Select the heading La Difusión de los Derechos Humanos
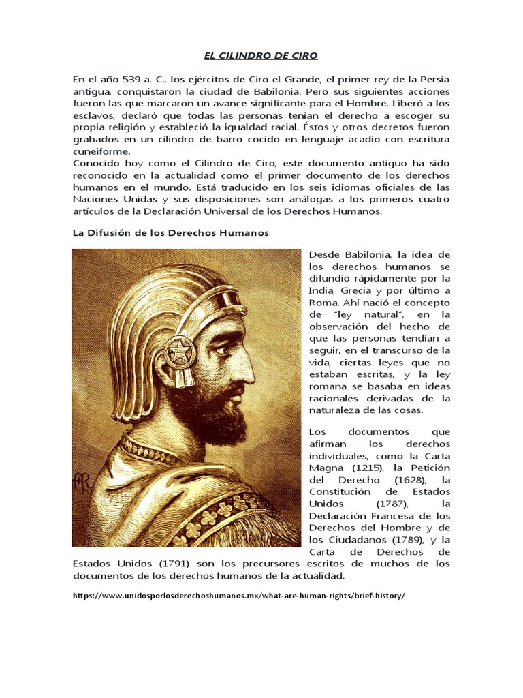tap(170, 232)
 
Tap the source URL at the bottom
tap(238, 595)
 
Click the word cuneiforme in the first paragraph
tap(101, 151)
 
